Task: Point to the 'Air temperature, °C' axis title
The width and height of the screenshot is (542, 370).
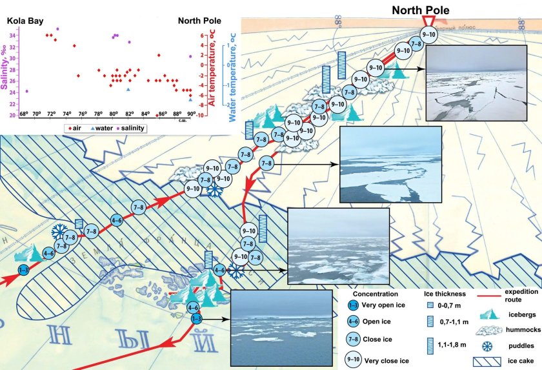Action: click(212, 72)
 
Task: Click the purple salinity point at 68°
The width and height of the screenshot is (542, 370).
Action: click(26, 91)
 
